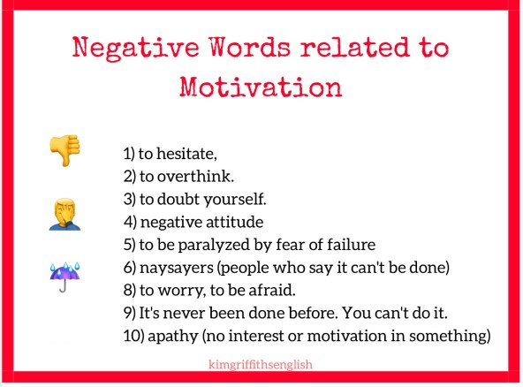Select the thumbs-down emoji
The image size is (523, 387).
[64, 150]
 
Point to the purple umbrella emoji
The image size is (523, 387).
[64, 275]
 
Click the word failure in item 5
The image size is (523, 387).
[352, 244]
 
